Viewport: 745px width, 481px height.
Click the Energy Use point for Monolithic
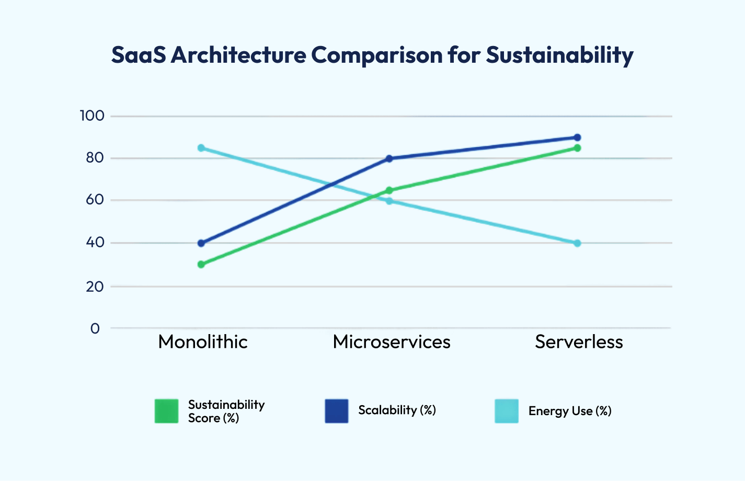[201, 148]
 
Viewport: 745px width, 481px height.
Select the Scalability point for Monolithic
[201, 243]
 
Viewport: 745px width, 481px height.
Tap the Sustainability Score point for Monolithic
[201, 265]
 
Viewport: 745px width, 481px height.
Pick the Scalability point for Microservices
[389, 158]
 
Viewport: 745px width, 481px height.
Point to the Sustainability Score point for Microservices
[389, 190]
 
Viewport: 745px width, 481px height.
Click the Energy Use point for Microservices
[389, 201]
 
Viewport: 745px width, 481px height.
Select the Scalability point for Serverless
[577, 138]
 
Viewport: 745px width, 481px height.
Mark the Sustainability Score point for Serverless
[577, 148]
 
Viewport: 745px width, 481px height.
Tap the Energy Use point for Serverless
[577, 243]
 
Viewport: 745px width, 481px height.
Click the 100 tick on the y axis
[92, 116]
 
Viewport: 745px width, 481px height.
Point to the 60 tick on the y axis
[95, 200]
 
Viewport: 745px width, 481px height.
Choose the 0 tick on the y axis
[95, 328]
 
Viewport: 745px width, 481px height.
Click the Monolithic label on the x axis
[203, 342]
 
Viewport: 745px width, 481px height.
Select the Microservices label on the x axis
[392, 342]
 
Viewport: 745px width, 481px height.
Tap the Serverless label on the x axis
[579, 342]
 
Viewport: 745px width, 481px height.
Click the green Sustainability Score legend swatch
[167, 411]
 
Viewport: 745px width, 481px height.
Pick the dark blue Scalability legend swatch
[337, 411]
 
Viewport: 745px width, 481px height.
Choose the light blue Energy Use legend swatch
[507, 411]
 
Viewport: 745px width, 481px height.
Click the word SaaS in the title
[139, 55]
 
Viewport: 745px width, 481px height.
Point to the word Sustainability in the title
[559, 55]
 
